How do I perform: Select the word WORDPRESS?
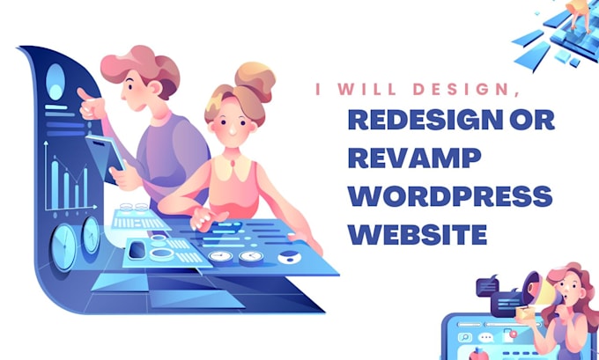coord(449,196)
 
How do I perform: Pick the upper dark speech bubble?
coord(490,287)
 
